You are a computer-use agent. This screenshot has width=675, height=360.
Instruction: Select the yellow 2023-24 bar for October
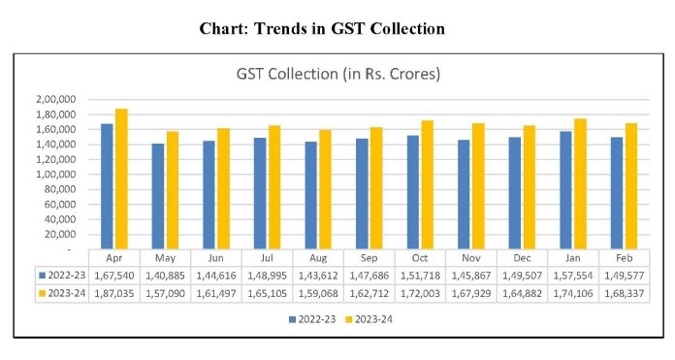tap(428, 184)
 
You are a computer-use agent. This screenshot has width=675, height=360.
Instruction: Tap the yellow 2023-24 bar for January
tap(580, 183)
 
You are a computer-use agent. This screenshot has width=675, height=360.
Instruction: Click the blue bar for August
tap(311, 195)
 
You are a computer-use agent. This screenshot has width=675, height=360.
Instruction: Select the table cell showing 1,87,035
tap(114, 292)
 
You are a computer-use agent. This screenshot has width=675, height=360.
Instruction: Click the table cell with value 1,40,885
tap(165, 275)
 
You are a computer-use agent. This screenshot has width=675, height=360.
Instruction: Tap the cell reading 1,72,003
tap(420, 292)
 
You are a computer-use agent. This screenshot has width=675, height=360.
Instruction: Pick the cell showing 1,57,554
tap(573, 275)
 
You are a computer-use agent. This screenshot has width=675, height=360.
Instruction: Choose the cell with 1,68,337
tap(624, 292)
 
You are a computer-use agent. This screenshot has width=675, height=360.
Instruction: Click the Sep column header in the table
tap(370, 258)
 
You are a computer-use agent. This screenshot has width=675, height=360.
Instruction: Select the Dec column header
tap(522, 258)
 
